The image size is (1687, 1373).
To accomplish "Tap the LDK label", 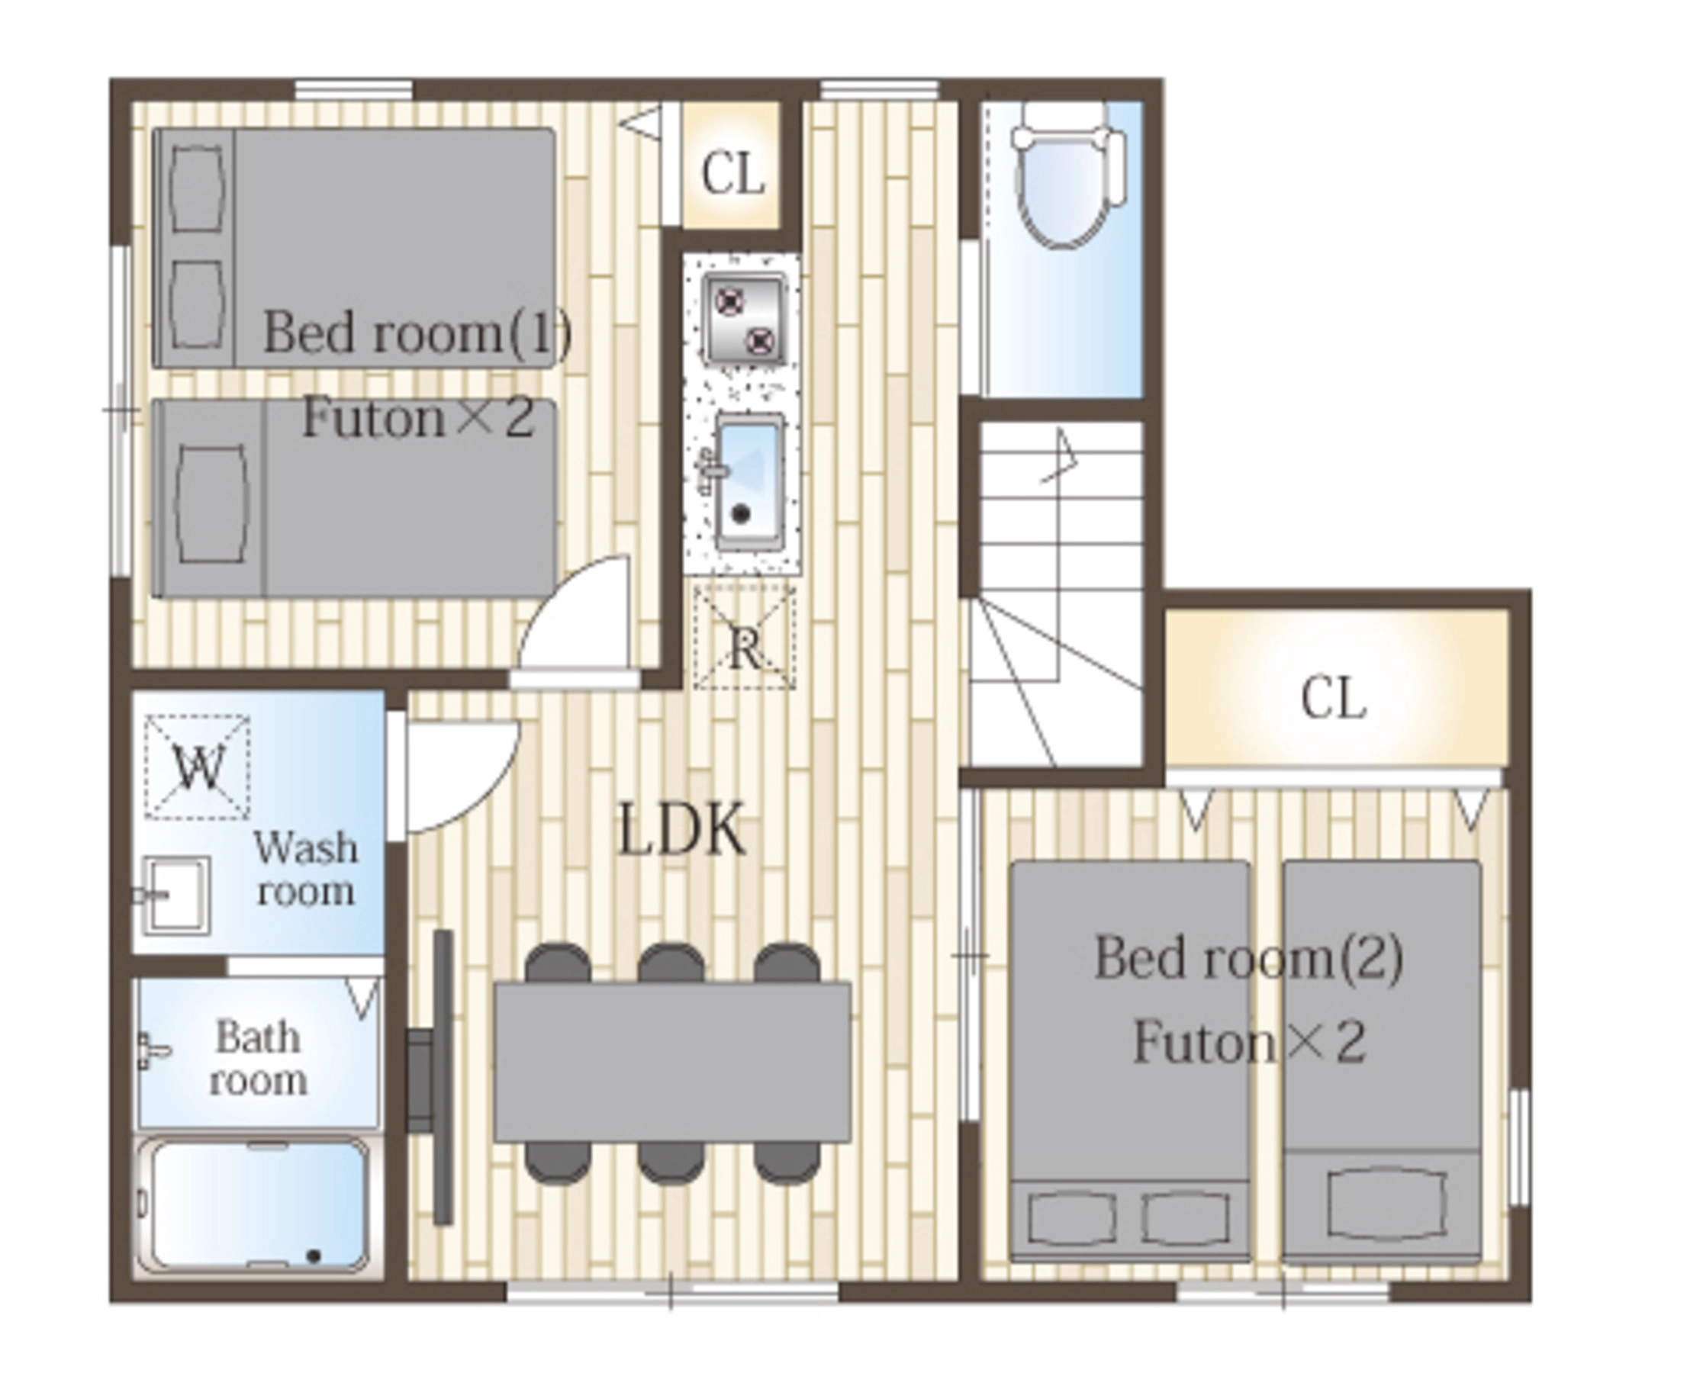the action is [x=682, y=829].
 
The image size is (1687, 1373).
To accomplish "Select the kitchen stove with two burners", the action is [x=744, y=319].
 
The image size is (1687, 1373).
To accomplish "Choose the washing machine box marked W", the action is [x=198, y=767].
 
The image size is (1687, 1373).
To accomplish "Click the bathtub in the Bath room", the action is [x=253, y=1204].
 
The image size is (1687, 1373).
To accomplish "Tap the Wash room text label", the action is [x=306, y=868].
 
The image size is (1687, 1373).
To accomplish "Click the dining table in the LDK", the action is [x=672, y=1061].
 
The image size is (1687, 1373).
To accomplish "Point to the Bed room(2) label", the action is [x=1248, y=958].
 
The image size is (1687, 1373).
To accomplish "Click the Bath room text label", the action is [x=258, y=1057].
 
